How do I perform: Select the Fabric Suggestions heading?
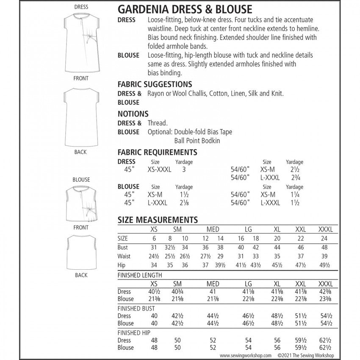155,84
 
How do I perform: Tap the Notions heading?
133,114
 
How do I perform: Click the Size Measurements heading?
158,220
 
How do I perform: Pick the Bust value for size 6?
154,247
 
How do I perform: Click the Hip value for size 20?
277,266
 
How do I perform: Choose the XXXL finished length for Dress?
326,291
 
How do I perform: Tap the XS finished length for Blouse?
154,299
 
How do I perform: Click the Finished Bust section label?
136,308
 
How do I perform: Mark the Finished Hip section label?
134,332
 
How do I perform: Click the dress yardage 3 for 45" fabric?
184,169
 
